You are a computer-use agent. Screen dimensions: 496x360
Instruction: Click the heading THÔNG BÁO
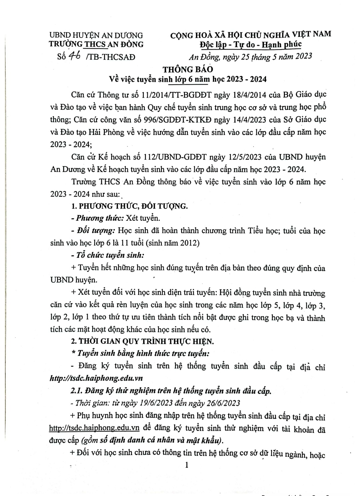pos(188,70)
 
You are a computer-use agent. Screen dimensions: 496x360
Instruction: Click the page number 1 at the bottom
pos(187,465)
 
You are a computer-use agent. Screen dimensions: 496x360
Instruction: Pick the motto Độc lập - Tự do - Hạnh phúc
pos(251,45)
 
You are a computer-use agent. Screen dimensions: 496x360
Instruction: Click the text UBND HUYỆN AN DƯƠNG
pos(96,35)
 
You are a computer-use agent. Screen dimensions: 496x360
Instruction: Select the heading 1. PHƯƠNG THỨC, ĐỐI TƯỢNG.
pos(130,206)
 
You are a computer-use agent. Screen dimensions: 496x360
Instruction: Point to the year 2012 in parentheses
pos(188,243)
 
